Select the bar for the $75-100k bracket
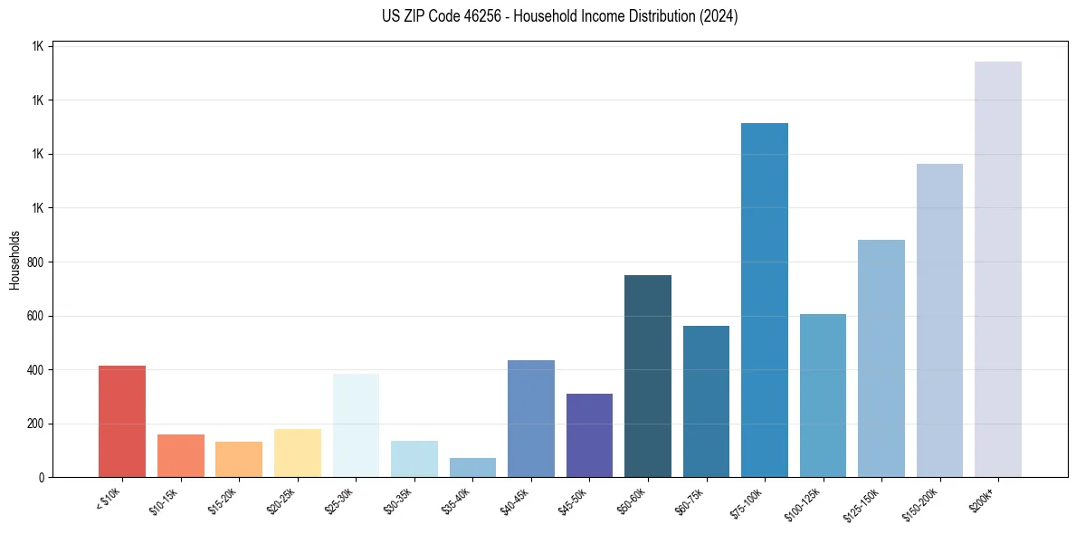click(764, 300)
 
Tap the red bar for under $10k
click(122, 421)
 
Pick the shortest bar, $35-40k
click(472, 467)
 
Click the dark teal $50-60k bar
click(647, 376)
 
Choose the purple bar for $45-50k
click(589, 435)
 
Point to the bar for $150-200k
click(939, 320)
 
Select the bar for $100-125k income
click(823, 396)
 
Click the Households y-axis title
click(15, 260)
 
